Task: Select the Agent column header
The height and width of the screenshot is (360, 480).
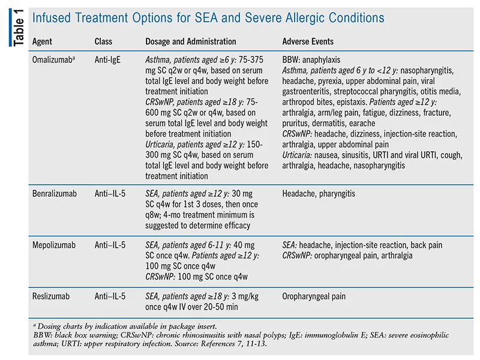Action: point(43,42)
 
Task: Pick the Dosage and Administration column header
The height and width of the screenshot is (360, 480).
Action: point(191,42)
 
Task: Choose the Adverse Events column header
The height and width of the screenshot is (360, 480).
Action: point(308,42)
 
